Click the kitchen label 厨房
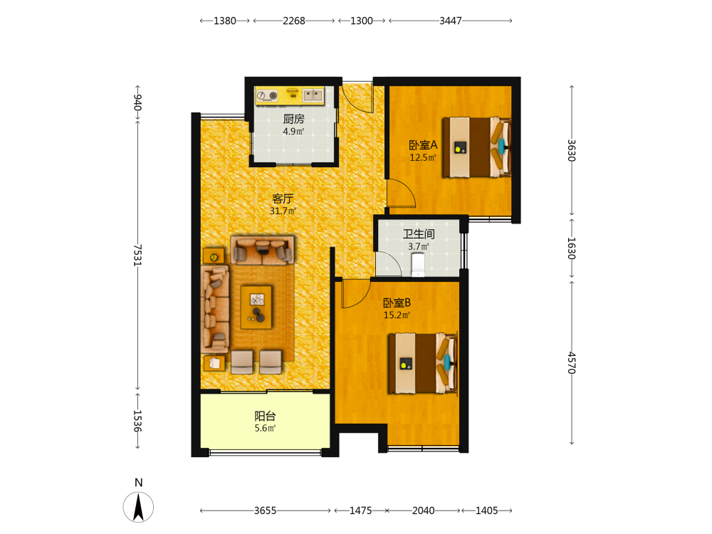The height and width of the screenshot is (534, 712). coord(293,119)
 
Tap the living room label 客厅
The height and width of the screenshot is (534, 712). coord(283,199)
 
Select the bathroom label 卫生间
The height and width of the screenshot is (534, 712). coord(419,234)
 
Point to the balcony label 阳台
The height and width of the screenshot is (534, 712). coord(265,416)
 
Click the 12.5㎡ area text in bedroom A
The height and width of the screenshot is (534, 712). coord(423,157)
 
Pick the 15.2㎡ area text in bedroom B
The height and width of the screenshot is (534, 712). coord(397,315)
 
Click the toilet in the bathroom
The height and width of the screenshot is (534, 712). coord(418,265)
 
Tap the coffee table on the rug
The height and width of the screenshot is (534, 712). coord(256,307)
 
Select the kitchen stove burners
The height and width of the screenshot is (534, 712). coord(267,95)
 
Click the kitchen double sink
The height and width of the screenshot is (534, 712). coord(313,95)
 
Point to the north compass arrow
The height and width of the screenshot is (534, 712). coord(138,507)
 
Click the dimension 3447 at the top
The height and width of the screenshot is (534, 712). coord(451,21)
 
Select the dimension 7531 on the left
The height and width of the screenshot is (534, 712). coord(137,255)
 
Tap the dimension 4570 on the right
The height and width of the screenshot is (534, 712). coord(572,363)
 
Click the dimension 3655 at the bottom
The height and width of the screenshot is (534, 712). coord(265,511)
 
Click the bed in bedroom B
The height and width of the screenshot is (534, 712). coord(422,363)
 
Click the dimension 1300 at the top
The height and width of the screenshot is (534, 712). coord(362,21)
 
